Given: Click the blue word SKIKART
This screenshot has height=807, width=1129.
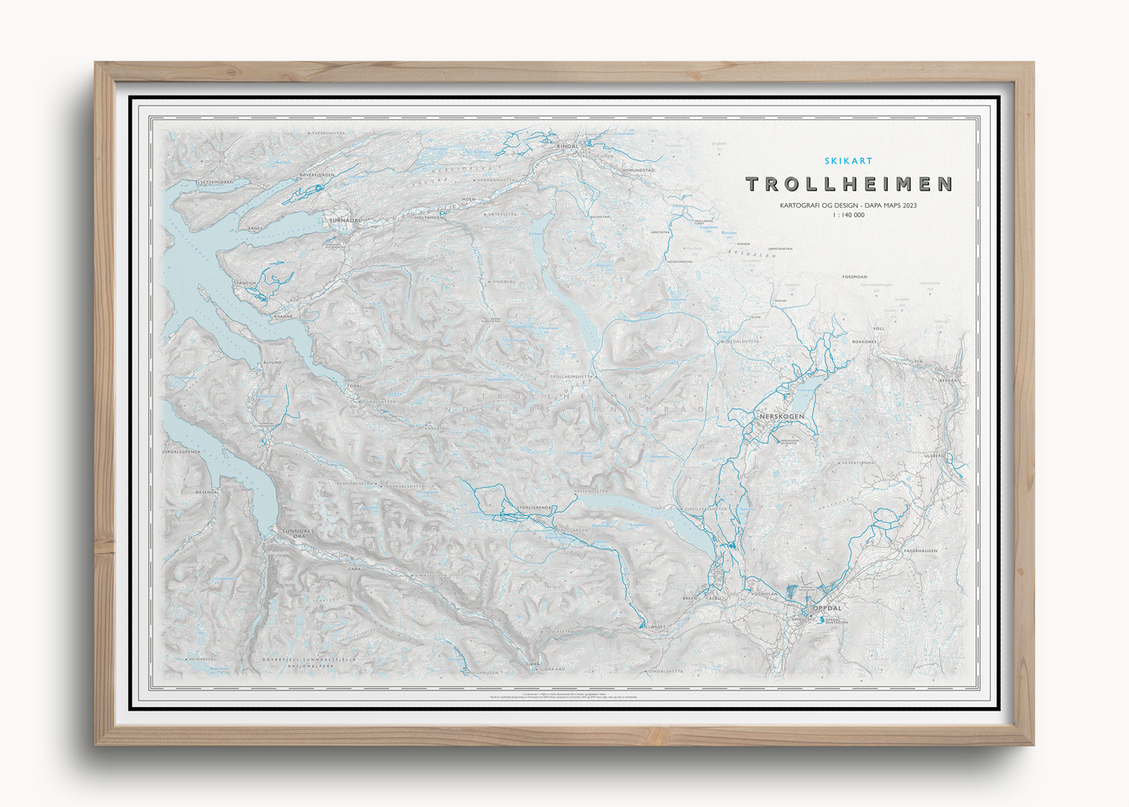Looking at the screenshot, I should pyautogui.click(x=848, y=161).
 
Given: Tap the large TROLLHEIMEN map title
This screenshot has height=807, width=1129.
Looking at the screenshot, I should pyautogui.click(x=849, y=184).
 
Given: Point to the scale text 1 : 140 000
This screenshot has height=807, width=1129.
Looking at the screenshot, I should pyautogui.click(x=848, y=216).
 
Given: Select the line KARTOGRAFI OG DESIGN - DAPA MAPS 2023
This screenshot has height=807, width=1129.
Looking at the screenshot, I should pyautogui.click(x=848, y=206).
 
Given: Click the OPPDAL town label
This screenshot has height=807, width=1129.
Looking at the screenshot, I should pyautogui.click(x=826, y=607).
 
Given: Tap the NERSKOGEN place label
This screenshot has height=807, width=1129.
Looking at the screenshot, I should pyautogui.click(x=781, y=417).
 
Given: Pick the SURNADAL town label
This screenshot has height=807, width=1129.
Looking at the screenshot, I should pyautogui.click(x=345, y=221).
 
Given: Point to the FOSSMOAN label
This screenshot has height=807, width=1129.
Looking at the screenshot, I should pyautogui.click(x=855, y=277).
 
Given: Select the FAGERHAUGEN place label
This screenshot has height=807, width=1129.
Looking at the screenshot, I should pyautogui.click(x=920, y=550).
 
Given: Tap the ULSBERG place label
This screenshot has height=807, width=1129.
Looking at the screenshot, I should pyautogui.click(x=934, y=456).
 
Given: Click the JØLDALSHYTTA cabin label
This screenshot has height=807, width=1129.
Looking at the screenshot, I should pyautogui.click(x=742, y=341).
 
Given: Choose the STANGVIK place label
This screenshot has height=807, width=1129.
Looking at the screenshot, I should pyautogui.click(x=244, y=284).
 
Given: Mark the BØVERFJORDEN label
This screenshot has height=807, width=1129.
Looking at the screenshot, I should pyautogui.click(x=317, y=175).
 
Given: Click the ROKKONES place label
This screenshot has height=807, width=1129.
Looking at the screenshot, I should pyautogui.click(x=864, y=342).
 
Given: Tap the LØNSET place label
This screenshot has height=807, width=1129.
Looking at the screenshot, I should pyautogui.click(x=657, y=627).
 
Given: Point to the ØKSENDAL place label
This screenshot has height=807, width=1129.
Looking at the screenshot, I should pyautogui.click(x=206, y=492).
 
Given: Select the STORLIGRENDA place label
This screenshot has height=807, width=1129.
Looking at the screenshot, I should pyautogui.click(x=535, y=508).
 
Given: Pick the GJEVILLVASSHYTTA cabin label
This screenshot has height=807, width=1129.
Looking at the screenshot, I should pyautogui.click(x=705, y=508).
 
